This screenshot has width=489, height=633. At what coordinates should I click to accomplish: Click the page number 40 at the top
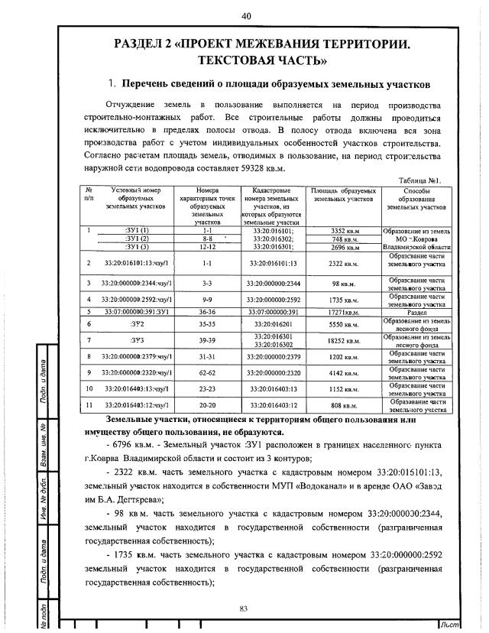(246, 16)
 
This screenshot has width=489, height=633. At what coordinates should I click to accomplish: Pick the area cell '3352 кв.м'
(343, 230)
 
